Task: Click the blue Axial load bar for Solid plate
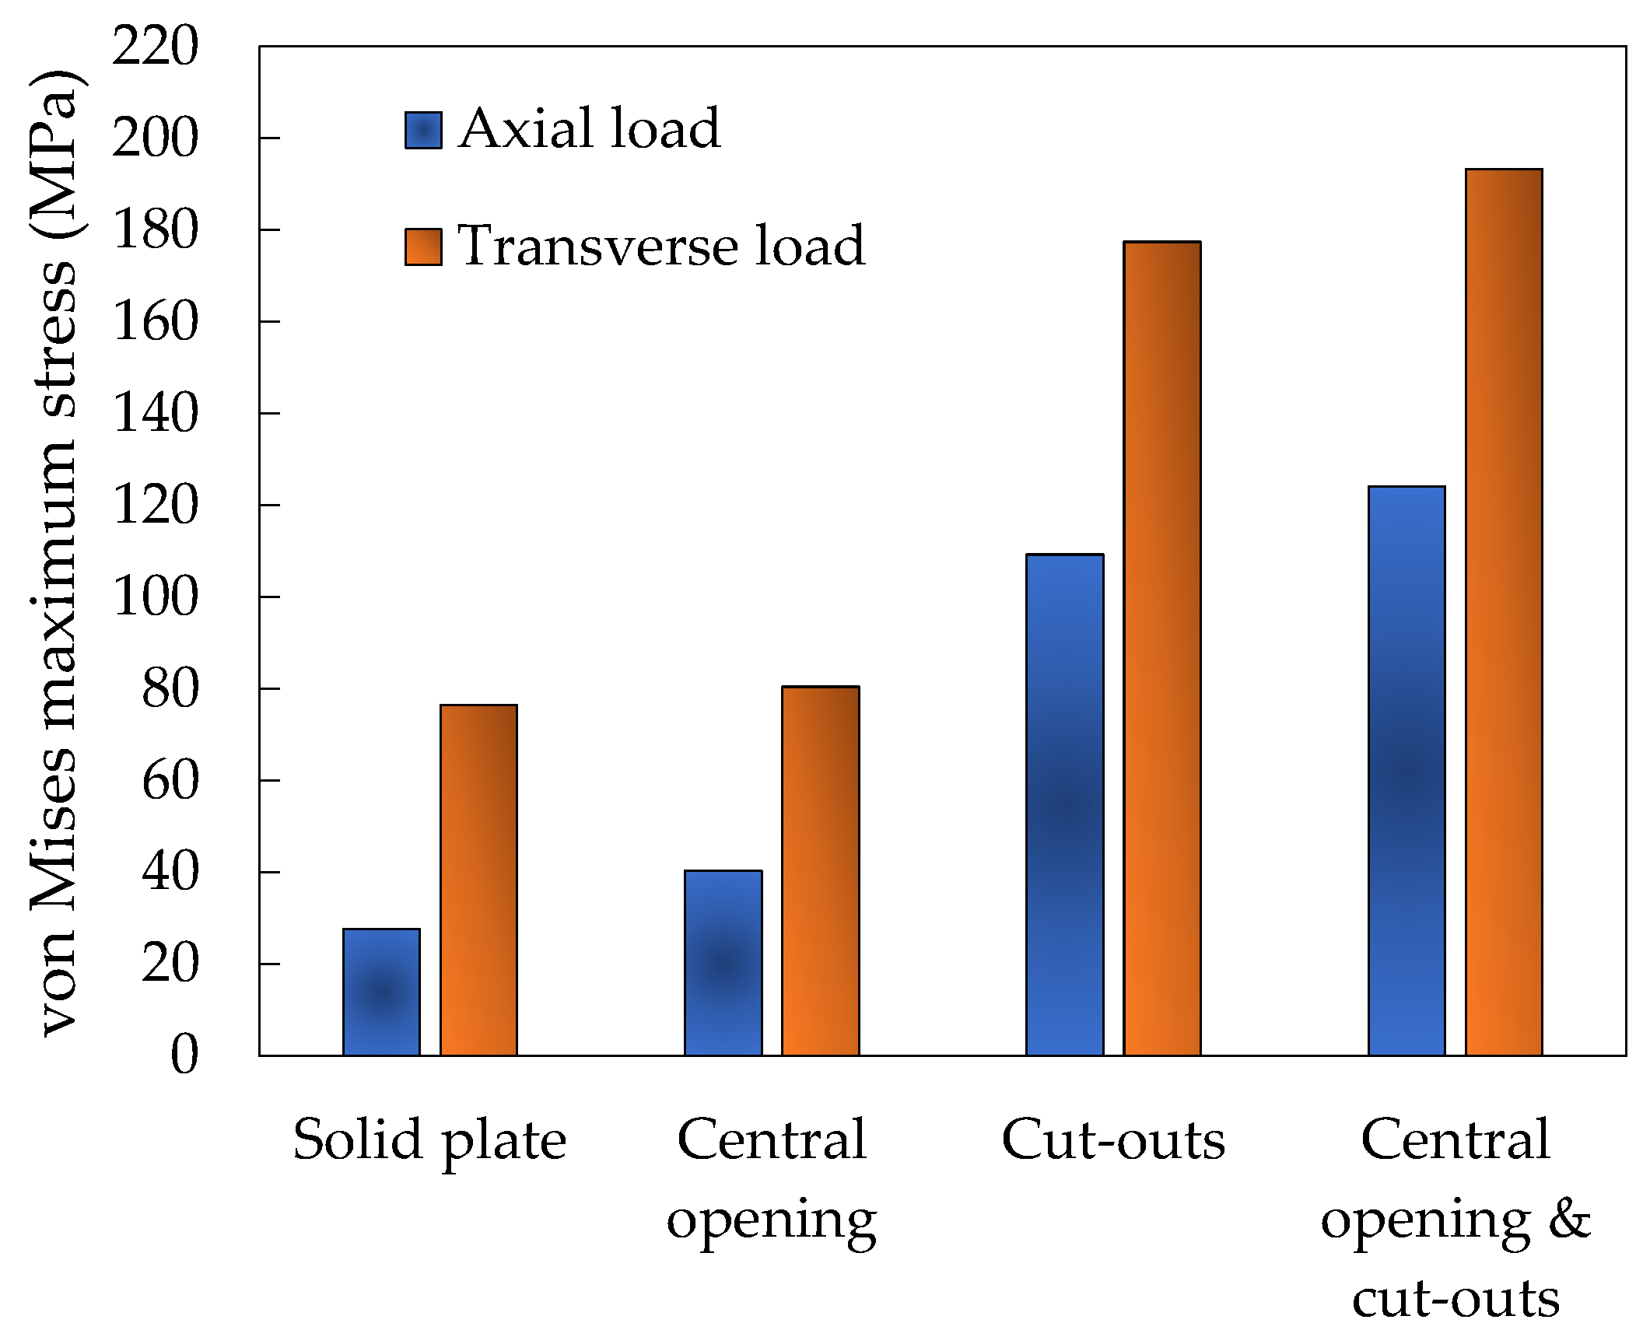pyautogui.click(x=381, y=992)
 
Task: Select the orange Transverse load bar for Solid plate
pyautogui.click(x=478, y=880)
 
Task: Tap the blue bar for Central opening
pyautogui.click(x=723, y=963)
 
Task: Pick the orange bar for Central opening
pyautogui.click(x=820, y=870)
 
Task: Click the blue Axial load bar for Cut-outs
pyautogui.click(x=1064, y=804)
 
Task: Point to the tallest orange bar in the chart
pyautogui.click(x=1503, y=611)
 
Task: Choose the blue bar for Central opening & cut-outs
pyautogui.click(x=1406, y=770)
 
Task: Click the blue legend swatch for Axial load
pyautogui.click(x=423, y=130)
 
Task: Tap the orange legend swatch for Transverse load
pyautogui.click(x=423, y=247)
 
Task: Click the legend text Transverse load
pyautogui.click(x=660, y=246)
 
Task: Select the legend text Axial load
pyautogui.click(x=589, y=128)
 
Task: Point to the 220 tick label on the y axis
pyautogui.click(x=155, y=46)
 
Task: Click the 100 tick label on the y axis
pyautogui.click(x=155, y=597)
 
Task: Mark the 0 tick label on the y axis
pyautogui.click(x=184, y=1055)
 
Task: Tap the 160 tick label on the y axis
pyautogui.click(x=155, y=322)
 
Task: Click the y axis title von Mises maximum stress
pyautogui.click(x=54, y=552)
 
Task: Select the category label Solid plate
pyautogui.click(x=429, y=1141)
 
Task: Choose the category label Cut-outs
pyautogui.click(x=1112, y=1141)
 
